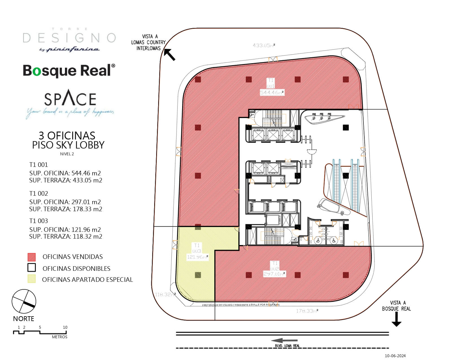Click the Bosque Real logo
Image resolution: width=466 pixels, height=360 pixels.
(69, 71)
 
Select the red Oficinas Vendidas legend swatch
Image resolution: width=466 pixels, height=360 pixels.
(32, 257)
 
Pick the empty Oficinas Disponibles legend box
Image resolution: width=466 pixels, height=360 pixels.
(32, 268)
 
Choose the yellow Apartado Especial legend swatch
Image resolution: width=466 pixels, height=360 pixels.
(32, 279)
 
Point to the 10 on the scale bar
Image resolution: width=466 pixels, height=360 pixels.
(65, 328)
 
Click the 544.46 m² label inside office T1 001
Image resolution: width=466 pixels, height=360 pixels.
(271, 92)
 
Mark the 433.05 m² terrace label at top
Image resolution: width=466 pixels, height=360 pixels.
(264, 45)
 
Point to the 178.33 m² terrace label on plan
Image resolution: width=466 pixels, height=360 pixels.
(307, 311)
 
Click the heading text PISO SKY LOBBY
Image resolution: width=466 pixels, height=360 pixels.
(68, 145)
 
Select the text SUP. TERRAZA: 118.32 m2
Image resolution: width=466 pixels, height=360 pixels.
(66, 237)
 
